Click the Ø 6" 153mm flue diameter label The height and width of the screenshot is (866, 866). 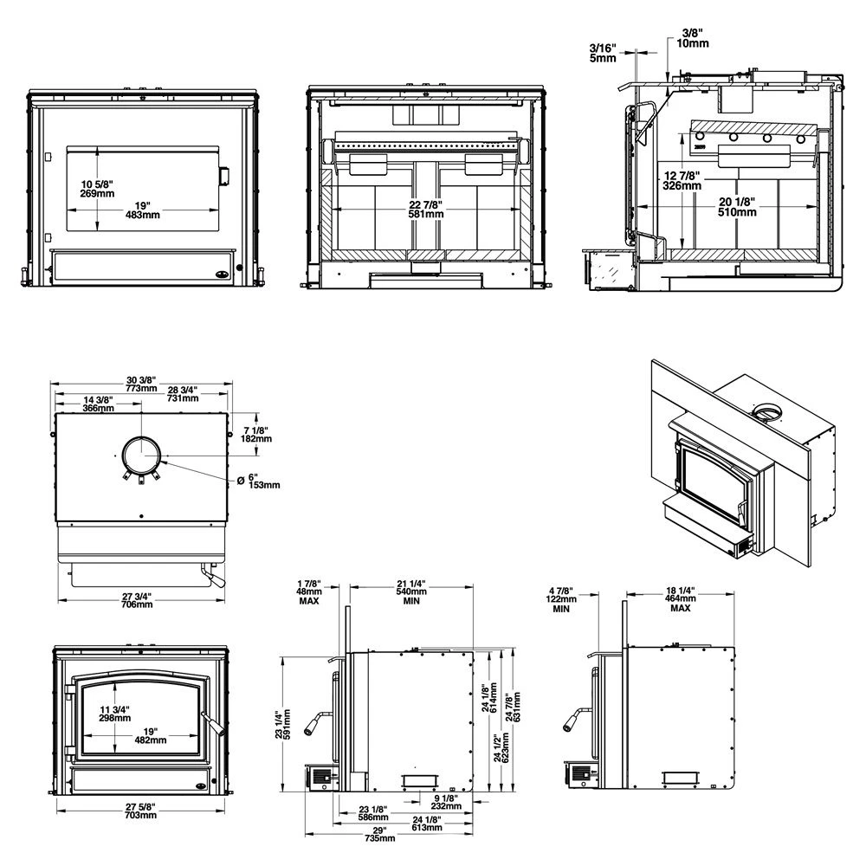[262, 480]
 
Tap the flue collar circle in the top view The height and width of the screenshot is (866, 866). [140, 454]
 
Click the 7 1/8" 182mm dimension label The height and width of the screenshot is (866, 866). [256, 435]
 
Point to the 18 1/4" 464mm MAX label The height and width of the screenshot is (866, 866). [680, 598]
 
